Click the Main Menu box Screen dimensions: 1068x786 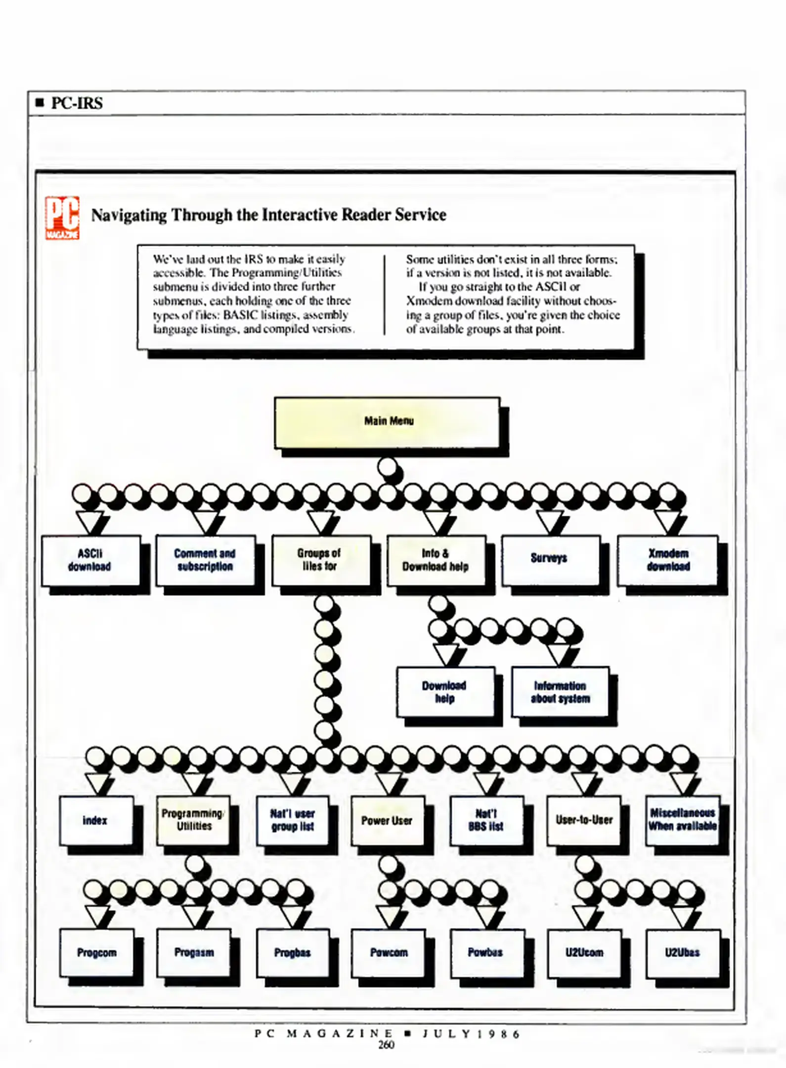(387, 422)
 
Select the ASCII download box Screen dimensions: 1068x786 (90, 560)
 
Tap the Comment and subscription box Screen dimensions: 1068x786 (205, 560)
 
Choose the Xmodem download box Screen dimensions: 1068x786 (667, 560)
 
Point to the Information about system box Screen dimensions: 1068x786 (560, 692)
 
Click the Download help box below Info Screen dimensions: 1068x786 (445, 692)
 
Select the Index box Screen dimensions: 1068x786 (96, 820)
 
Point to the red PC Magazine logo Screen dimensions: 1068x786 (62, 218)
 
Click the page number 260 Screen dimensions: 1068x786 (386, 1045)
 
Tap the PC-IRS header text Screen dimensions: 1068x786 (77, 103)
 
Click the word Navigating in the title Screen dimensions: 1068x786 (129, 215)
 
